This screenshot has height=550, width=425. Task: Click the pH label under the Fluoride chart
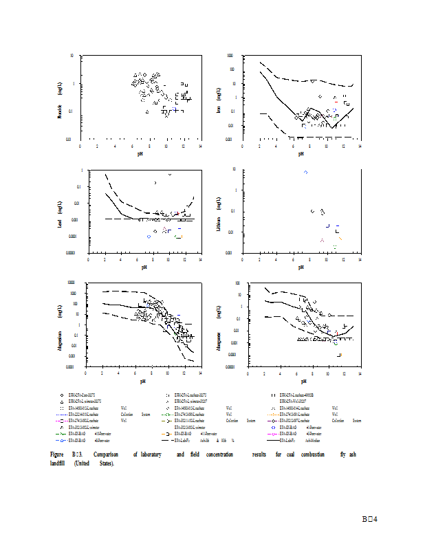(x=140, y=154)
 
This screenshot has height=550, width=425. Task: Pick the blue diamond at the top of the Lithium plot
(x=306, y=172)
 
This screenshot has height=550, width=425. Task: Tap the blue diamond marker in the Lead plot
(x=149, y=236)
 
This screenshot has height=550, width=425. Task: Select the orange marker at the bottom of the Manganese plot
(x=340, y=355)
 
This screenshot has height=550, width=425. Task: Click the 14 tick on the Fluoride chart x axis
(x=200, y=146)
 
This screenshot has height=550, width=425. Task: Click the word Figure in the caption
(x=58, y=455)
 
